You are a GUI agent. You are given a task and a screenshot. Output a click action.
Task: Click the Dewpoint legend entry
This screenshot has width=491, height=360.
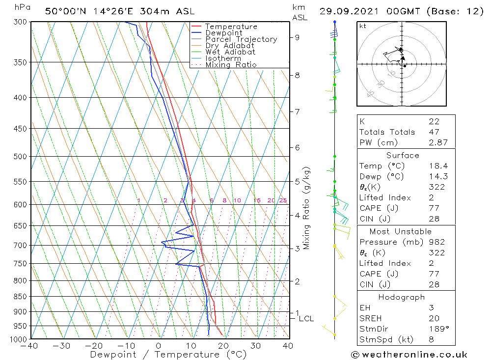(223, 33)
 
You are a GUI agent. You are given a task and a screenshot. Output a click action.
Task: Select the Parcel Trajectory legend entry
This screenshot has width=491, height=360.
(241, 39)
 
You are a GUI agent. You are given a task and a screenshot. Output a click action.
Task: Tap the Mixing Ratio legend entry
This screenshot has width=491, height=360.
(231, 64)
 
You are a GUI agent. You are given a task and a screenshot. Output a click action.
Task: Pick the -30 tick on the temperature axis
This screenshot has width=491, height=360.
(62, 346)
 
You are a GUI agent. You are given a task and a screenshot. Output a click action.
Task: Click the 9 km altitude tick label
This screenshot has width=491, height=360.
(297, 37)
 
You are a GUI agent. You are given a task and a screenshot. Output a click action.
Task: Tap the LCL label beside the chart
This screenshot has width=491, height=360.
(306, 319)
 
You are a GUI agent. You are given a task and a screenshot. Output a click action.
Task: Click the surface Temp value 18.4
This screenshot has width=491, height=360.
(437, 166)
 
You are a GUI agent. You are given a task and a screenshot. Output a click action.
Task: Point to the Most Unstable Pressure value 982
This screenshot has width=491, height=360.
(436, 242)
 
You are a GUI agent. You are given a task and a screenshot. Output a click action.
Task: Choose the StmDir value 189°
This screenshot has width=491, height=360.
(437, 329)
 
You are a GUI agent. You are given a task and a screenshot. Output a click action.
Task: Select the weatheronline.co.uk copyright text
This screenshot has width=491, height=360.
(409, 355)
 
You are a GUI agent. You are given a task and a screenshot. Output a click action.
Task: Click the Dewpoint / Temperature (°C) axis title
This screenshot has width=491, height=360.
(168, 355)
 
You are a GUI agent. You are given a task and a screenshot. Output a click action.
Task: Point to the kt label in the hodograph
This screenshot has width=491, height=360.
(362, 26)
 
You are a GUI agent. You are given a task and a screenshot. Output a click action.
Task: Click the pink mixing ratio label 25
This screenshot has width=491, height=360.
(283, 200)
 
